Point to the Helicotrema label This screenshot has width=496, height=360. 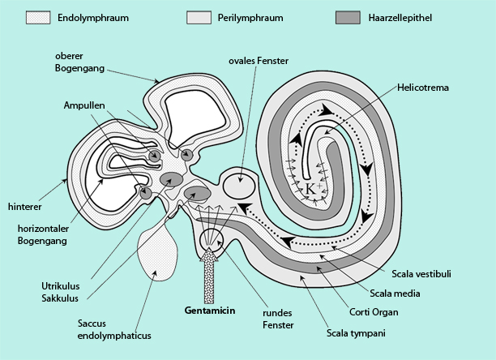(422, 86)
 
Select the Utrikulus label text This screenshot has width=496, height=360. (59, 286)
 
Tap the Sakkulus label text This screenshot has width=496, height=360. (58, 298)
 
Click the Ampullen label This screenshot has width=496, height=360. (84, 105)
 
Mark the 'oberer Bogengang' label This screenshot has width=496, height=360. (77, 61)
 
